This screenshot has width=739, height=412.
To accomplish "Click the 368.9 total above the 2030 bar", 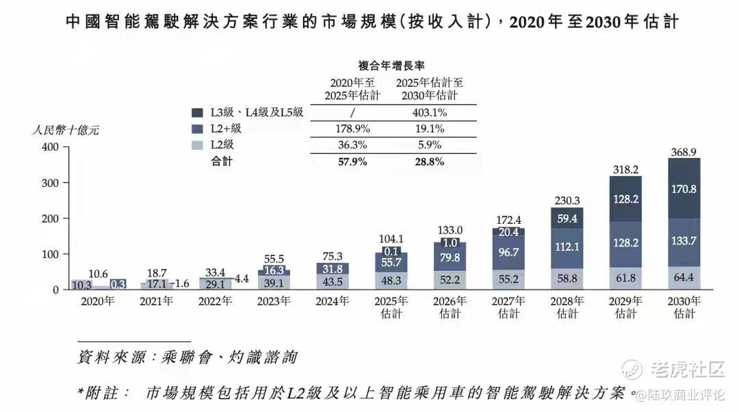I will click(x=684, y=151).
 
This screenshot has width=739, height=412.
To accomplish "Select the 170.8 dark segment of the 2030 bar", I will click(x=684, y=188).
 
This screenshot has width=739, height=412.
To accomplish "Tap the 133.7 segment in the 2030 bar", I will click(x=684, y=241).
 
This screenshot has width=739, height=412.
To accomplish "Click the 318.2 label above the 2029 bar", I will click(x=625, y=169).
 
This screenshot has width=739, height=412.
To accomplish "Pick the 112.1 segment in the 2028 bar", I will click(x=567, y=246).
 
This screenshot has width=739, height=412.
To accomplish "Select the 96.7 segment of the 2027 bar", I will click(x=508, y=253).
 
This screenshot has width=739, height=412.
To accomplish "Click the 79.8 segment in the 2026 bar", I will click(x=450, y=258).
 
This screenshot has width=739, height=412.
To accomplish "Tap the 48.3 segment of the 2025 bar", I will click(x=391, y=281).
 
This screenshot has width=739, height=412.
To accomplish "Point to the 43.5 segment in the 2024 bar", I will click(x=333, y=281).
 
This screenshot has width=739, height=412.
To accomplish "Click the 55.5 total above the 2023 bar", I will click(x=274, y=259).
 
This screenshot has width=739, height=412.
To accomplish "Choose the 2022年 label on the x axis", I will click(x=215, y=301).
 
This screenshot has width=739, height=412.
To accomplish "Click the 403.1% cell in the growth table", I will click(x=429, y=113).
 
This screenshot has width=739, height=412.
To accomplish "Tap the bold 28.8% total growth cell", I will click(x=429, y=162).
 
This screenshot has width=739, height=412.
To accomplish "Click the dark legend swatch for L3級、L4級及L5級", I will click(x=198, y=112).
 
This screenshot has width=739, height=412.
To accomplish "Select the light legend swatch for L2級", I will click(x=198, y=144).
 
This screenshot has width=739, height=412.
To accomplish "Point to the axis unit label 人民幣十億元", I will click(x=66, y=130).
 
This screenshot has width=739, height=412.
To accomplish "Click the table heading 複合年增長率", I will click(x=391, y=66).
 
